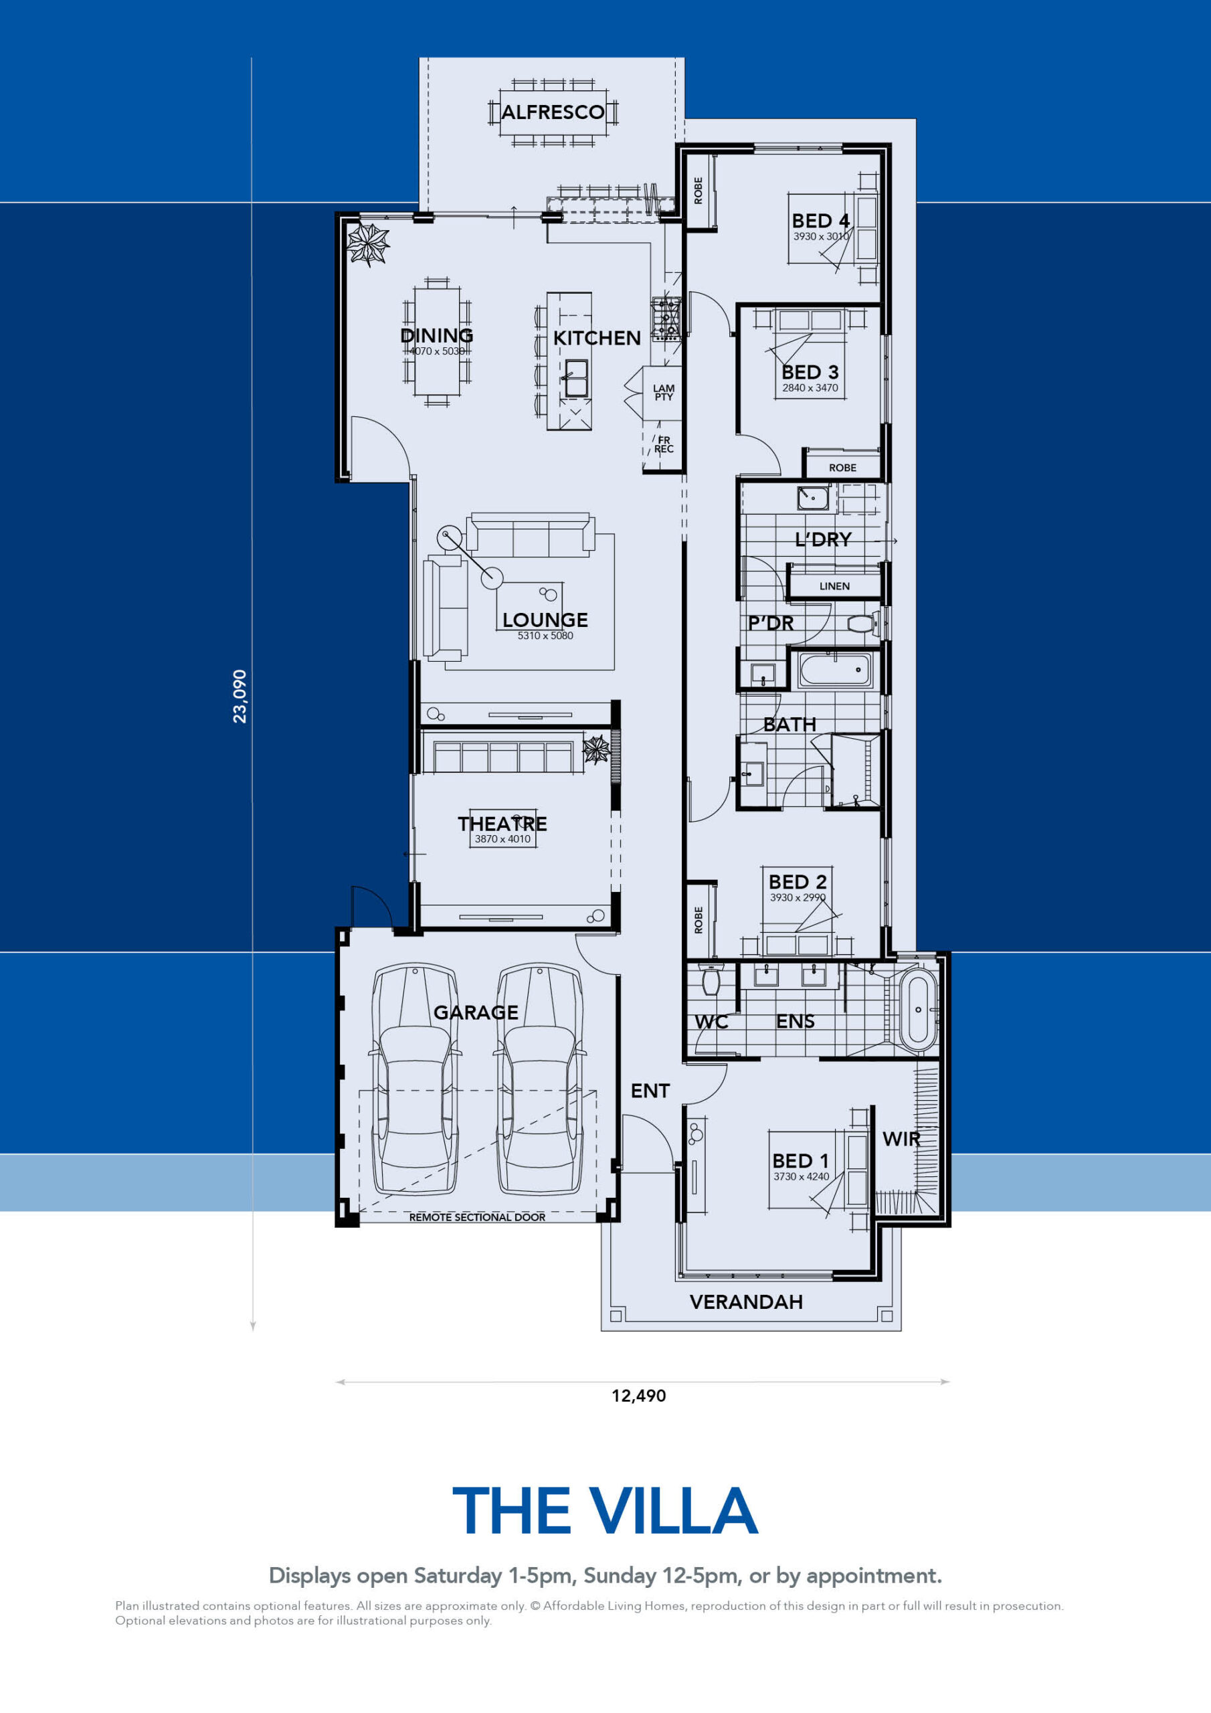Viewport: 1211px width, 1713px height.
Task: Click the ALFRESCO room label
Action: click(x=552, y=112)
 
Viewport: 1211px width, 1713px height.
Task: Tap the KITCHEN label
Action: click(x=596, y=338)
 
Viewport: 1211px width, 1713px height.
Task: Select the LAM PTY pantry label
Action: click(x=663, y=392)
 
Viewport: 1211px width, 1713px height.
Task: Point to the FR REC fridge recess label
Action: click(x=663, y=445)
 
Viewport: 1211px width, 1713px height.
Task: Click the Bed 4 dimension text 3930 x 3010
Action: click(x=821, y=236)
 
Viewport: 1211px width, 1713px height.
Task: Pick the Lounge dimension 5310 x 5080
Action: click(x=545, y=636)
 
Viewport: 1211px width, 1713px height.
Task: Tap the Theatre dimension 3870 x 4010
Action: click(x=502, y=838)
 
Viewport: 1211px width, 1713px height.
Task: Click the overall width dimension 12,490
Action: click(x=639, y=1395)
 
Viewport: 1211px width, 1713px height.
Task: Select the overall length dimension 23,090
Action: click(x=240, y=696)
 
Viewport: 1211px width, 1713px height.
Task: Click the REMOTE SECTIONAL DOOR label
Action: click(x=477, y=1217)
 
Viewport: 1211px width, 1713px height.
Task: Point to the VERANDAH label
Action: click(x=746, y=1302)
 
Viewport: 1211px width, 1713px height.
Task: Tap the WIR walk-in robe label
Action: click(x=901, y=1140)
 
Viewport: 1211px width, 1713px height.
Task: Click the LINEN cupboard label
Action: click(x=834, y=586)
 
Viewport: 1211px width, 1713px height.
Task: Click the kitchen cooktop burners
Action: click(x=666, y=319)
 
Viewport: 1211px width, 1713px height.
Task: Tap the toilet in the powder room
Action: click(x=863, y=624)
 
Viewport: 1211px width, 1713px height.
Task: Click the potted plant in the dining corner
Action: click(x=368, y=244)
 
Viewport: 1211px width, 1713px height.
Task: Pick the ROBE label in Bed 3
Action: click(x=842, y=468)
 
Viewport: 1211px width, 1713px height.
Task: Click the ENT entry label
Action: click(x=650, y=1091)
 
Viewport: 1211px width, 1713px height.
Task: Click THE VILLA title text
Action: click(x=605, y=1511)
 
